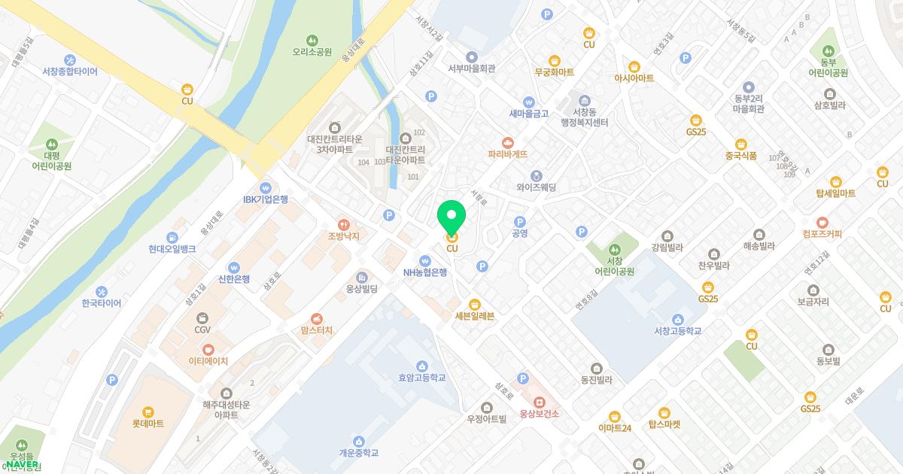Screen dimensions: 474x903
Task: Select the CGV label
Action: pos(202,330)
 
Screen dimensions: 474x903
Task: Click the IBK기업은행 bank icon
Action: pos(265,188)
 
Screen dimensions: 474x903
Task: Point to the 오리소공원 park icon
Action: pos(312,40)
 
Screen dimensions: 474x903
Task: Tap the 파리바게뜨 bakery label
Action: pos(507,154)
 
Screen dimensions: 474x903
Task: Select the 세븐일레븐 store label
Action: pos(475,316)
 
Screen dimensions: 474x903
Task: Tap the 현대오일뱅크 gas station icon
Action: pos(172,236)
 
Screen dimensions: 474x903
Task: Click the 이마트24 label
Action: pos(614,428)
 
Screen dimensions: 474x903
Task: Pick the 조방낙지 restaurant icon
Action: pos(343,224)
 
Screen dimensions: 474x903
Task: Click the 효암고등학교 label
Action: pos(421,378)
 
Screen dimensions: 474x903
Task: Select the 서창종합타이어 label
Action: pos(70,71)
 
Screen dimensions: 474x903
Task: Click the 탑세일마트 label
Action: pos(835,193)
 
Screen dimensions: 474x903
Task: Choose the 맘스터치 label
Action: pos(316,330)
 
